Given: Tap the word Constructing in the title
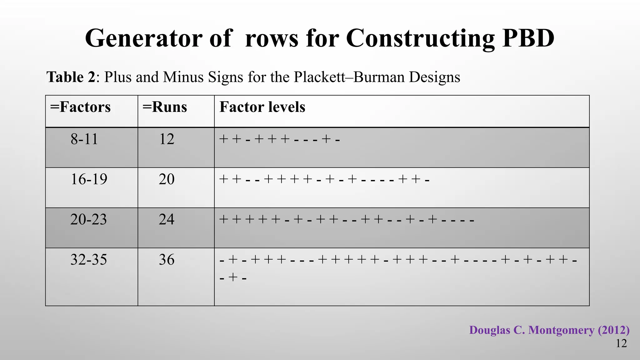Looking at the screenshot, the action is click(x=420, y=38).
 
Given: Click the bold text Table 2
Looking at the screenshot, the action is click(x=71, y=77).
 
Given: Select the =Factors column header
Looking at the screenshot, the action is click(x=80, y=107).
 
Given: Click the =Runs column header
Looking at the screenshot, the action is click(x=165, y=107).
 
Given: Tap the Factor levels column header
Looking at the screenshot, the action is click(x=262, y=107).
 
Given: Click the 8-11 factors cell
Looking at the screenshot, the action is click(x=84, y=139).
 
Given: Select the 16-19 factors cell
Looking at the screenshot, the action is click(x=89, y=179).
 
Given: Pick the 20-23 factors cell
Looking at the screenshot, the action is click(x=88, y=219).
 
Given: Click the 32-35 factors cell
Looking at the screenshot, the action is click(x=88, y=260).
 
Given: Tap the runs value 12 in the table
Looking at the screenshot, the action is click(x=167, y=139).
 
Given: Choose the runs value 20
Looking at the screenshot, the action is click(x=167, y=179).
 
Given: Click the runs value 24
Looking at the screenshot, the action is click(x=167, y=219).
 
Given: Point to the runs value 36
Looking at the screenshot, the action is click(x=167, y=260).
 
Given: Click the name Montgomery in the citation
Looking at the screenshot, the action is click(x=561, y=330).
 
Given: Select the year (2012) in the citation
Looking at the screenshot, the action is click(x=613, y=330).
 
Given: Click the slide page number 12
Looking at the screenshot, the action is click(x=621, y=343).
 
